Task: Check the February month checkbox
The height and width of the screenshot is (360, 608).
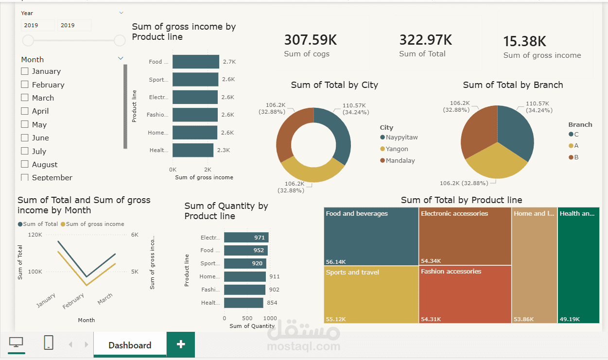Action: coord(25,85)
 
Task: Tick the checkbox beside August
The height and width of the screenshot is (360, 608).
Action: coord(25,165)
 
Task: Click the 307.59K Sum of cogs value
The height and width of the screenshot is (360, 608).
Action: coord(311,40)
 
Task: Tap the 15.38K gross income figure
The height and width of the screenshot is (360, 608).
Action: coord(524,41)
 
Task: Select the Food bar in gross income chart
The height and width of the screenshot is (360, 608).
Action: coord(195,62)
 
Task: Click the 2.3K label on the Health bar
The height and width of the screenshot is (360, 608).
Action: coord(224,150)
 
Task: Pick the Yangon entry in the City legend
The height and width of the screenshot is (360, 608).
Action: coord(397,149)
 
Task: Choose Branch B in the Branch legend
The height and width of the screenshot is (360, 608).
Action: coord(576,157)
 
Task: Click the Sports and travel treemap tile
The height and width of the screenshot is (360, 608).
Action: coord(371,294)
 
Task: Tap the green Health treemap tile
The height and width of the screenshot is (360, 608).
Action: coord(578,265)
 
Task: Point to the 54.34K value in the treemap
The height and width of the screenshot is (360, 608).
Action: coord(431,261)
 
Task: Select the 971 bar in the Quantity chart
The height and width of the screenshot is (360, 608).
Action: coord(246,238)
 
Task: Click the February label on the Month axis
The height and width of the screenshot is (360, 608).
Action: coord(73,301)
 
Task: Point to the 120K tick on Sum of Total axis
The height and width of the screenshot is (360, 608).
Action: coord(35,235)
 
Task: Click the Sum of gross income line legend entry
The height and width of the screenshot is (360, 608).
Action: coord(95,224)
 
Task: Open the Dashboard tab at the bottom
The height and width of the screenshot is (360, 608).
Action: coord(130,345)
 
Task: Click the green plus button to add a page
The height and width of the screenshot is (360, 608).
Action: coord(181,344)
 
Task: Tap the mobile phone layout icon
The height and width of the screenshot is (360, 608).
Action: coord(49,343)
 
